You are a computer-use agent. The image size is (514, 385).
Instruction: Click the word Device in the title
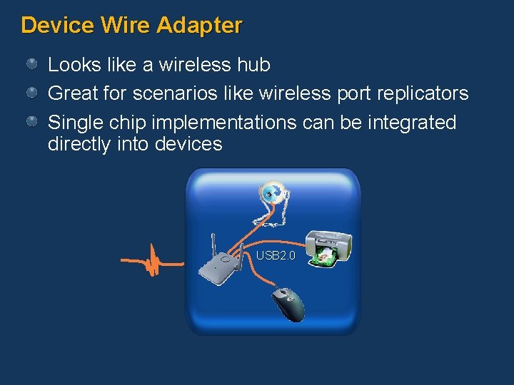click(x=58, y=26)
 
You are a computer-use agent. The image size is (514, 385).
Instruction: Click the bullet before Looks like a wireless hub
click(x=32, y=65)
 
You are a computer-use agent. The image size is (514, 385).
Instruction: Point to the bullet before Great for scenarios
click(x=32, y=93)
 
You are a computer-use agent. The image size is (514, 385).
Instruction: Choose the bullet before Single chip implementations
click(x=32, y=123)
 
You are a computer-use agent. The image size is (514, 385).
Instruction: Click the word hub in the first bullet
click(x=254, y=65)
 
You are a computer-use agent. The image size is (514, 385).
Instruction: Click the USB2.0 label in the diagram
click(x=275, y=255)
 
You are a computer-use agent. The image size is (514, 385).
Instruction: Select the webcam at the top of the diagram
click(x=272, y=192)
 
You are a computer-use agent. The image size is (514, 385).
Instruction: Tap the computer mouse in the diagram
click(x=288, y=304)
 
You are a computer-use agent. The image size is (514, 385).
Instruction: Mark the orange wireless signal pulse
click(x=151, y=261)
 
